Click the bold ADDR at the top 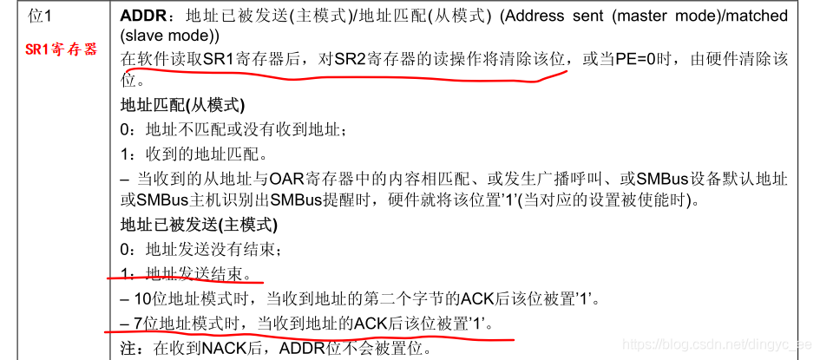pos(138,16)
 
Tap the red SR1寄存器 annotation pos(62,49)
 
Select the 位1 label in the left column pos(40,16)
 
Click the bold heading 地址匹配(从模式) pos(182,105)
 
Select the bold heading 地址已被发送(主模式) pos(199,226)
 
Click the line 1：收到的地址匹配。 pos(194,155)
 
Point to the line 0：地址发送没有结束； pos(201,251)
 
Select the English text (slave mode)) pos(169,36)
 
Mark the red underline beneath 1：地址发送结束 pos(185,280)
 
